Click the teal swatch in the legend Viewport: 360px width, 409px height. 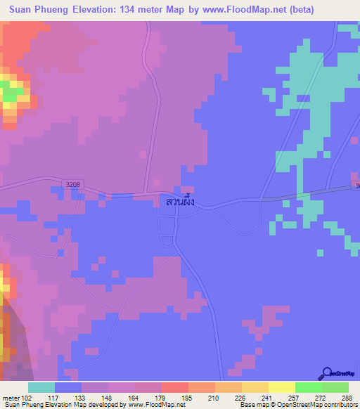[41, 387]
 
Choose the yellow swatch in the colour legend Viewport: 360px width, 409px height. [281, 387]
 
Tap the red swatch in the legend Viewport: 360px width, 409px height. [174, 387]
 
